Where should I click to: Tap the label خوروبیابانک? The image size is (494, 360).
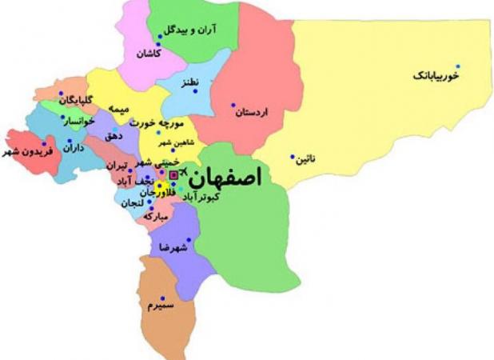[436, 75]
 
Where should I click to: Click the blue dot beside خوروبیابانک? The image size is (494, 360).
[480, 66]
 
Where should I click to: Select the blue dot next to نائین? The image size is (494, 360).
[293, 157]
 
